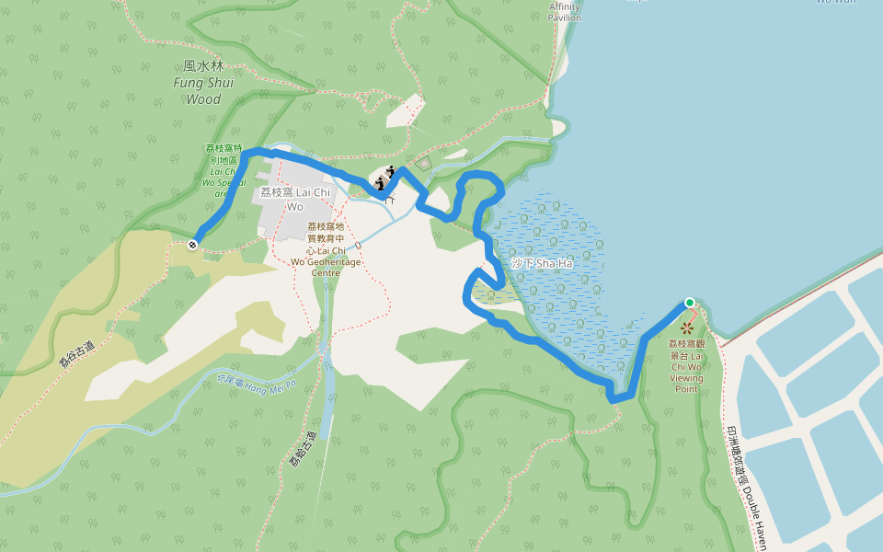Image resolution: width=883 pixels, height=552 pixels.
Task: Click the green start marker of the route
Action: (689, 303)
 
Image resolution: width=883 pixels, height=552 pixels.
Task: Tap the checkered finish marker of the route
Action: (192, 245)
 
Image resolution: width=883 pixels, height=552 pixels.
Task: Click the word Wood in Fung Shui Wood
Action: (204, 99)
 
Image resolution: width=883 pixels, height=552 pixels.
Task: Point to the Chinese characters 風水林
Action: (203, 66)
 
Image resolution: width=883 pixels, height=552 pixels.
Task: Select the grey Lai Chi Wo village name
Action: (294, 199)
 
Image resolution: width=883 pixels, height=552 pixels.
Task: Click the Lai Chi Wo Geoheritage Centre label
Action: (326, 249)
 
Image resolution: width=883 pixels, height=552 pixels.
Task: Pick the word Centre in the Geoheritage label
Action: (326, 272)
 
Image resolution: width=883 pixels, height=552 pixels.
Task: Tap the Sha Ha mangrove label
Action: (542, 264)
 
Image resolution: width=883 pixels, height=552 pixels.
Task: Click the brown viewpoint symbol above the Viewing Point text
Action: (687, 327)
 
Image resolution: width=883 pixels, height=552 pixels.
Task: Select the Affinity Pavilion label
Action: (565, 12)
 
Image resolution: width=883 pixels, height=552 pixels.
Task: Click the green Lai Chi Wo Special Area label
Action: (224, 171)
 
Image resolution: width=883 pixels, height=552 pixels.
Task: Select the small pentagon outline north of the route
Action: (423, 164)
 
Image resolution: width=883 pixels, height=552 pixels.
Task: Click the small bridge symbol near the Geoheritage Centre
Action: (358, 247)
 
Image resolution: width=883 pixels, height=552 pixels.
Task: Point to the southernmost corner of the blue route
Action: (614, 398)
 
